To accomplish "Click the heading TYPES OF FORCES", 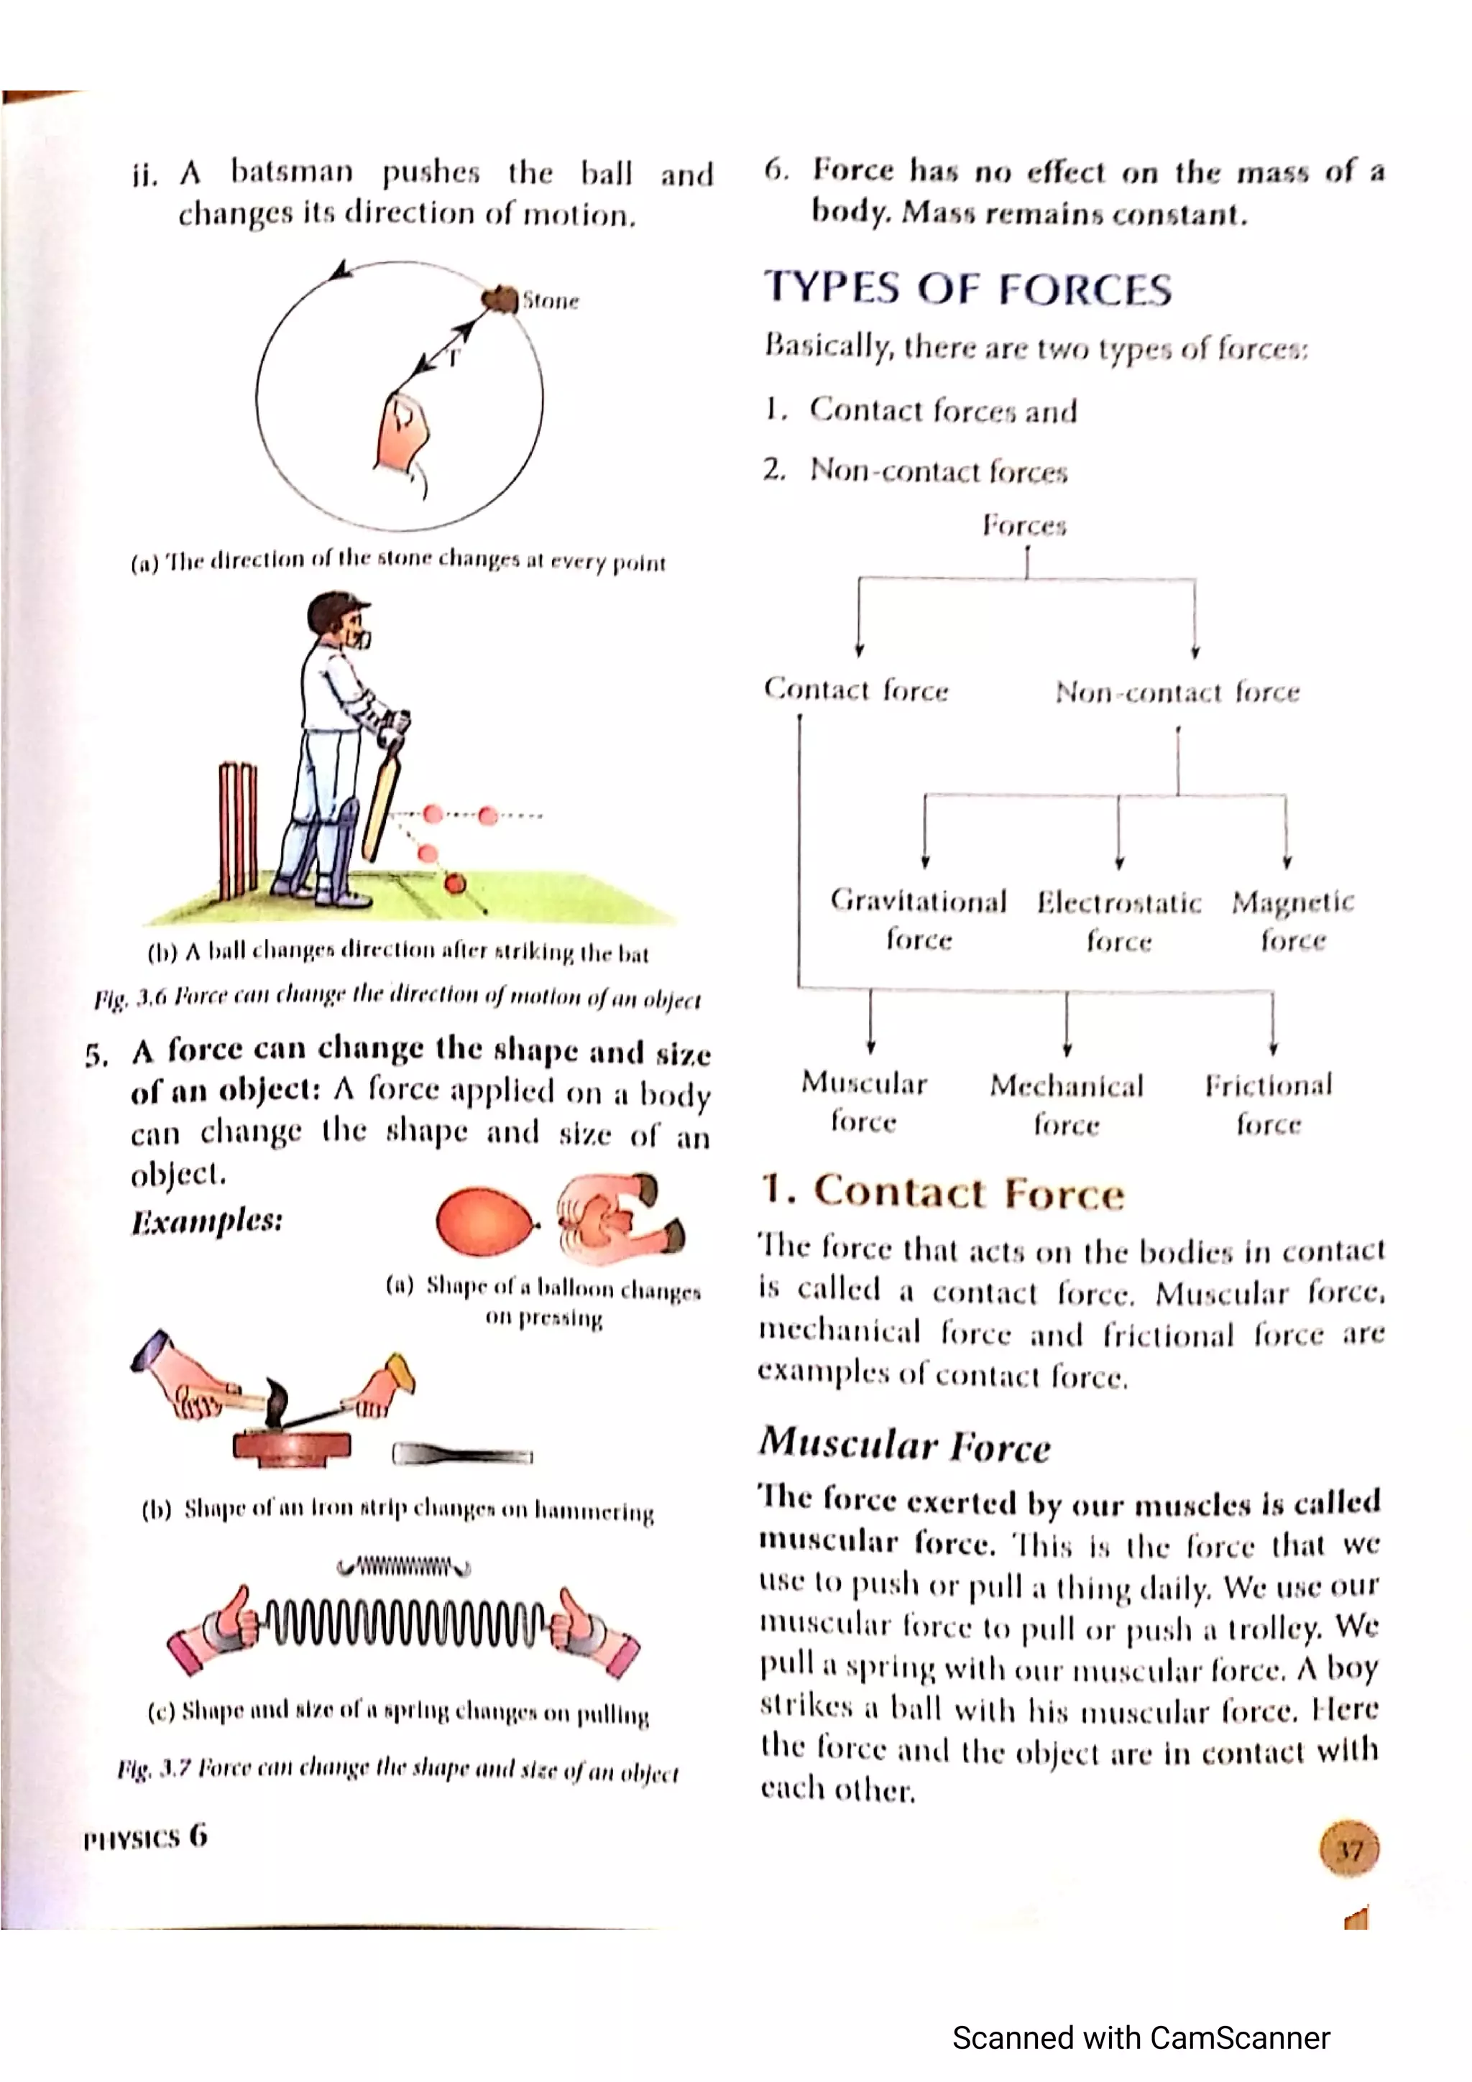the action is [967, 288].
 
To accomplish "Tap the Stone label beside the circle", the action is [550, 300].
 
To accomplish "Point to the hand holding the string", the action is [402, 433].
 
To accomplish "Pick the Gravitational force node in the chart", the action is [918, 920].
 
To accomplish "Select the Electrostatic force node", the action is [1119, 921].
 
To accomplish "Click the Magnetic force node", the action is [1292, 920].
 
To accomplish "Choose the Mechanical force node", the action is [1067, 1104].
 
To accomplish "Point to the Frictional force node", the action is [1268, 1104].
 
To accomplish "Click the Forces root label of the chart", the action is [1025, 525].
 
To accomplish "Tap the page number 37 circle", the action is [1348, 1850].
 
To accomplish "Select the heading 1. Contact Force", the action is [943, 1192].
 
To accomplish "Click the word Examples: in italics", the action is [207, 1221].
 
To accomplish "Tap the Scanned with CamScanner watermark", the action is [1140, 2037].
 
